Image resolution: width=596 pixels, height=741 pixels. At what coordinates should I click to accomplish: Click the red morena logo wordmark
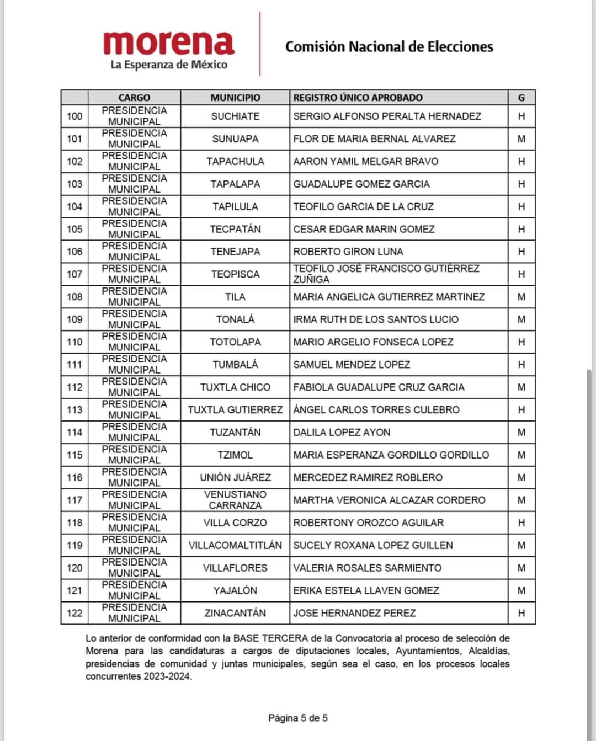(168, 42)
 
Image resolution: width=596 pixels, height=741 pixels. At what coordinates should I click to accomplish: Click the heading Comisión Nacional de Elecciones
(389, 47)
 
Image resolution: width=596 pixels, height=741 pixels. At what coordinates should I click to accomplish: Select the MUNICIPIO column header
(235, 98)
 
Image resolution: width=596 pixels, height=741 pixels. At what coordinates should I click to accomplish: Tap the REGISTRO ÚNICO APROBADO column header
(358, 98)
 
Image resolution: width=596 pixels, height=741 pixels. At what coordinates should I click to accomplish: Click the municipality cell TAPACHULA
(235, 162)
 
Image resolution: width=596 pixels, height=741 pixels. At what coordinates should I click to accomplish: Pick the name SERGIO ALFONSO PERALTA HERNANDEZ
(387, 116)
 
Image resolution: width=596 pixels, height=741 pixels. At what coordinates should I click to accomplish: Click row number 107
(74, 274)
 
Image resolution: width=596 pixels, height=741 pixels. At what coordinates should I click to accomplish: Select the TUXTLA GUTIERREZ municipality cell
(235, 410)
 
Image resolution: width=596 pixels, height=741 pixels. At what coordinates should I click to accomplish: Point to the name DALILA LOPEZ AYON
(342, 433)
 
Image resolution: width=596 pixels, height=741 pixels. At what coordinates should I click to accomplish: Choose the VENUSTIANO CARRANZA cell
(235, 500)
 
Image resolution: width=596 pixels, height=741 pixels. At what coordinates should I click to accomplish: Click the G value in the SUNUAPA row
(521, 139)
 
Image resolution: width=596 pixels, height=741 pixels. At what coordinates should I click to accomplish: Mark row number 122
(74, 613)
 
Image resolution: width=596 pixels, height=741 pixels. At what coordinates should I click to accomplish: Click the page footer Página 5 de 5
(298, 718)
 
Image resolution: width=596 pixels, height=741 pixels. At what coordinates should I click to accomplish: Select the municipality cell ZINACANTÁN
(235, 613)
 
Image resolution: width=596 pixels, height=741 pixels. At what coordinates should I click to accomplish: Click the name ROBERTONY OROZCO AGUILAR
(368, 523)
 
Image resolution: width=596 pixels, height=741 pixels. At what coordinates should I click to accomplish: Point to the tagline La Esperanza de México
(169, 65)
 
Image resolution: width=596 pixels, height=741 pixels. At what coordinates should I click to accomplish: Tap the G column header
(521, 98)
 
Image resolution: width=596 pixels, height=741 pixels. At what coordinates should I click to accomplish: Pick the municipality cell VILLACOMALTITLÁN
(235, 545)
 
